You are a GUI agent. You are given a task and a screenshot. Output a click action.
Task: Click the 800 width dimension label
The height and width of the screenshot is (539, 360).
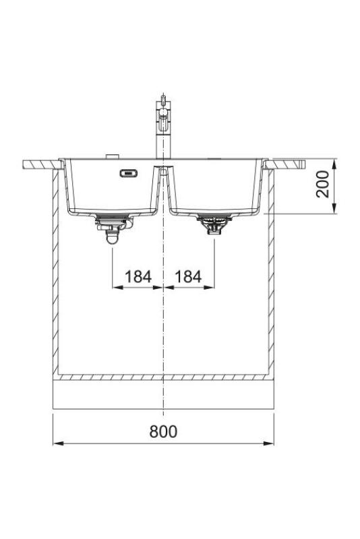(x=164, y=431)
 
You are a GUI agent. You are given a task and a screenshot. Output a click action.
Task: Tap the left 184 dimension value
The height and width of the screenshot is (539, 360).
(x=138, y=276)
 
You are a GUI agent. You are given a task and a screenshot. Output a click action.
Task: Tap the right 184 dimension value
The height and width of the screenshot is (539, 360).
(x=189, y=276)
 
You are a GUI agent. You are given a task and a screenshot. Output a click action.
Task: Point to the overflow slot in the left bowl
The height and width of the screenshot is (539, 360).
(x=127, y=173)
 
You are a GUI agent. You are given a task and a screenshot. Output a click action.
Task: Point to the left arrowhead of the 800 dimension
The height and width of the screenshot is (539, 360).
(x=57, y=443)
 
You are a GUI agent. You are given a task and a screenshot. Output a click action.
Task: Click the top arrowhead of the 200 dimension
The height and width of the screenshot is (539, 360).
(x=334, y=163)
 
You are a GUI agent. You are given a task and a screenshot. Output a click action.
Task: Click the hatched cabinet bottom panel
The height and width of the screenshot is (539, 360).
(x=164, y=377)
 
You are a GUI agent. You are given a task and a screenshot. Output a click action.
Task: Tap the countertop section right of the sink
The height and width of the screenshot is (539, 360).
(x=288, y=164)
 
